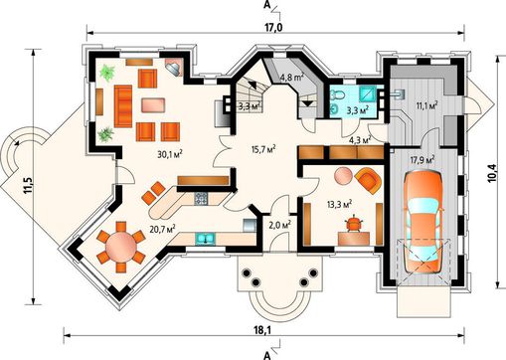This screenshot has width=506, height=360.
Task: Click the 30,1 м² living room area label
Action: point(171,154)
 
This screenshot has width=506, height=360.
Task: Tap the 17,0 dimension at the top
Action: point(273,28)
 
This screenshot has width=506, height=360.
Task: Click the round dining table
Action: point(121,247)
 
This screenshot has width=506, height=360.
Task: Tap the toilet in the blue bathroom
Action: point(338,94)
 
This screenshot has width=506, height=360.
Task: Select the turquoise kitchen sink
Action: point(206,239)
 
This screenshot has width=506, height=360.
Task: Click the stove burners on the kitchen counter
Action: point(201,198)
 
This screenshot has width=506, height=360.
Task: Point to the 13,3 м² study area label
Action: point(339,204)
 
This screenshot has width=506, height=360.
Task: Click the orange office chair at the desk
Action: point(354,223)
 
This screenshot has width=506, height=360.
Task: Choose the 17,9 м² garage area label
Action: point(422,160)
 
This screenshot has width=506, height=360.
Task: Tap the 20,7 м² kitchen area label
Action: point(162,229)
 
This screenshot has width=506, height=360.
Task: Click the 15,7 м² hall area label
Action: point(264,149)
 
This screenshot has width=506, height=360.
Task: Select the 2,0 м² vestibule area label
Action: point(280,225)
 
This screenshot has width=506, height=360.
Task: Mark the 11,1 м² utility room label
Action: point(426,105)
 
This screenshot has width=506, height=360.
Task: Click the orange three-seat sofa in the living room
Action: point(123,106)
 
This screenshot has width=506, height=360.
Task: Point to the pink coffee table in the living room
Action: point(153,105)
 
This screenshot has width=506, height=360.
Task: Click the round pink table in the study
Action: point(344,175)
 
